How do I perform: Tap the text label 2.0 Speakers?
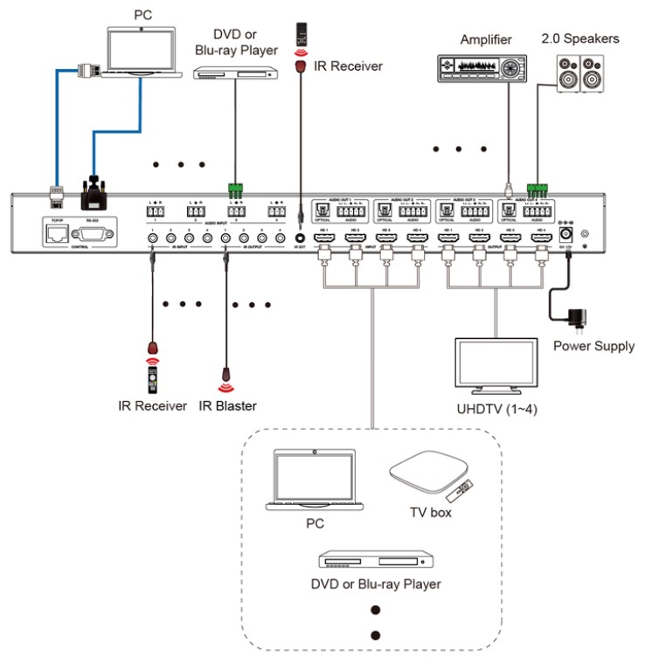[579, 39]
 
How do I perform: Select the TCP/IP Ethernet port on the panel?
[58, 233]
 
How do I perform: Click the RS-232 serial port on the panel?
[93, 233]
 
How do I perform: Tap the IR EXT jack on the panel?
[301, 236]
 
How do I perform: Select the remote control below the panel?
[151, 377]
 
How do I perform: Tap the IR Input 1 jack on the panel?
[152, 237]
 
